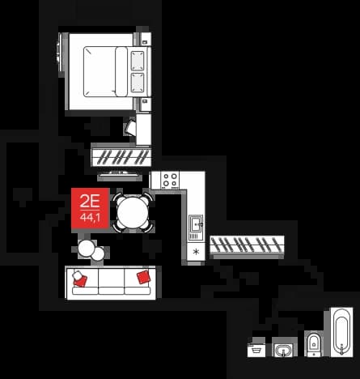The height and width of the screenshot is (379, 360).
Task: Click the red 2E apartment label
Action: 91,208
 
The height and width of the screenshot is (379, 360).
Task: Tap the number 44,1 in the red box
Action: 90,217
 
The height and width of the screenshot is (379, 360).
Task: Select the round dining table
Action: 133,213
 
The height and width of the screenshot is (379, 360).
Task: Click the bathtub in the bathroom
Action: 341,331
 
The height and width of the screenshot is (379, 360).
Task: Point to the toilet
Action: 314,344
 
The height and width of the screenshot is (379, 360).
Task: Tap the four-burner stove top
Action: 170,180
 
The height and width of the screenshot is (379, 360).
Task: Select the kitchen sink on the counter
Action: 196,224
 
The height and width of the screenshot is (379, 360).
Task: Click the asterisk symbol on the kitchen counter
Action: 196,252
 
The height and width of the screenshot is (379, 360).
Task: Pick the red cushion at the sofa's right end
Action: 143,277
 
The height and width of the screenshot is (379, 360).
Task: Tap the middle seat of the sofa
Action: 112,281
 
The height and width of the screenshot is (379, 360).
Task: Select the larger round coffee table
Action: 87,249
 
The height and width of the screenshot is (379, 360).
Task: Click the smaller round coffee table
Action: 98,254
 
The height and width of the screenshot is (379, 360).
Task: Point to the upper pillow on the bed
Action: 138,61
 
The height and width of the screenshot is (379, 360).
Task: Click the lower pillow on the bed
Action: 138,83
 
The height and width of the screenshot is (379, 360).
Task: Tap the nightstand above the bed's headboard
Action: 146,40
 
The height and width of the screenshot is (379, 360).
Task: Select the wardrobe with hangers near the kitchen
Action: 247,245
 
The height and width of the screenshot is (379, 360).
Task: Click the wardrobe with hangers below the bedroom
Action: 121,157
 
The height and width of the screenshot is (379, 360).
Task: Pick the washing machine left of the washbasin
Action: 256,350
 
